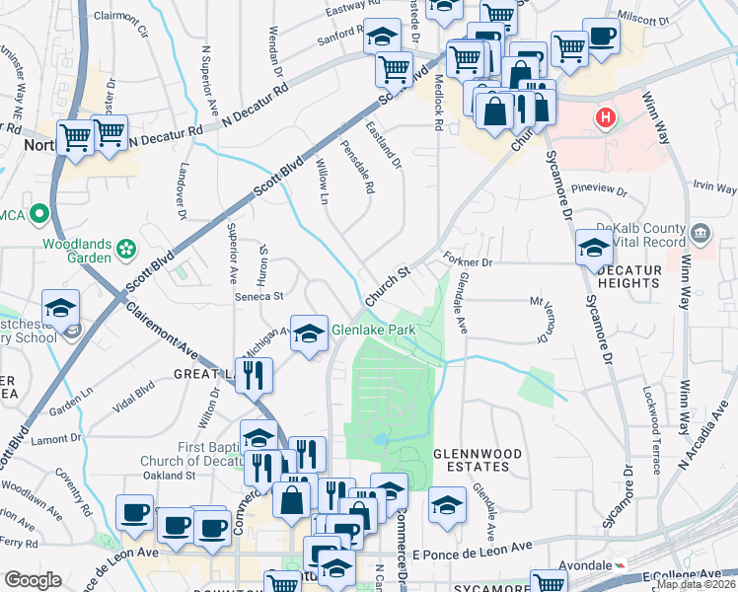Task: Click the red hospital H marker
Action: pos(607,120)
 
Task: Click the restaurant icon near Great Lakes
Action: pos(254,374)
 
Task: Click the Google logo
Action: pos(33,580)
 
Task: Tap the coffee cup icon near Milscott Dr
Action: pos(601,37)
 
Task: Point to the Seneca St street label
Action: pos(258,295)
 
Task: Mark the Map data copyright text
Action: pos(696,584)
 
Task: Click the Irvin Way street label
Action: pos(715,186)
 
